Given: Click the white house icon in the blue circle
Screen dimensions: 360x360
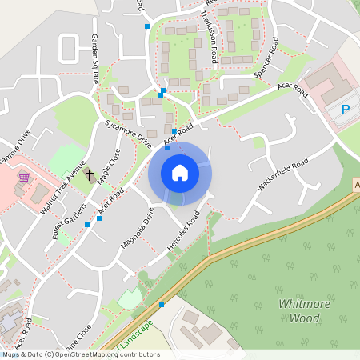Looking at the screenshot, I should tap(180, 173).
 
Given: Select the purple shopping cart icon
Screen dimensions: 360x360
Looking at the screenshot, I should tap(24, 178).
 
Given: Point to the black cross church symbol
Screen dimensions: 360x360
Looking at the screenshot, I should tap(90, 174).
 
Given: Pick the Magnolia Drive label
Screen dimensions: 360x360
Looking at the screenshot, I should tap(136, 230).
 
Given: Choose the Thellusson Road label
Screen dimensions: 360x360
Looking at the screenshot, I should tap(210, 38).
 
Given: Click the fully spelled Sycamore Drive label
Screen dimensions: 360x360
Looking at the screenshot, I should tap(128, 134).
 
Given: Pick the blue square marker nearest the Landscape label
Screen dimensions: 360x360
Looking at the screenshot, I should tap(162, 305).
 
